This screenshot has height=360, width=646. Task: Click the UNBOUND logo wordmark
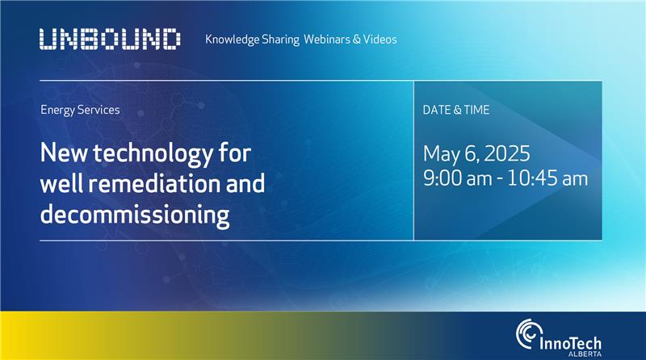point(110,39)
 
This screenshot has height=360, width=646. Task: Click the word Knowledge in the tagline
point(233,40)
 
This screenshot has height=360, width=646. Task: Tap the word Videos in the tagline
point(380,39)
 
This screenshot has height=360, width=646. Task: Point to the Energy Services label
point(80,110)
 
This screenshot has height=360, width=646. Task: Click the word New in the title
point(64,153)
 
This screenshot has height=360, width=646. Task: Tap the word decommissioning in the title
point(135,215)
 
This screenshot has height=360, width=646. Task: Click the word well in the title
point(62,183)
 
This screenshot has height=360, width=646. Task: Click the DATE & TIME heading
point(456,110)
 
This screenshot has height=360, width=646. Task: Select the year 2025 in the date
point(507,153)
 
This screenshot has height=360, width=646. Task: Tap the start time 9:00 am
point(458,178)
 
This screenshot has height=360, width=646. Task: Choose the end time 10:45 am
point(547,178)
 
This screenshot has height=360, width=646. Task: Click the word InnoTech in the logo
point(570,344)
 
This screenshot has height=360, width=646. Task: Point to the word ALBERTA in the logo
point(585,354)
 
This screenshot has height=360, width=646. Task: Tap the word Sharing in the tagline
point(280,40)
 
